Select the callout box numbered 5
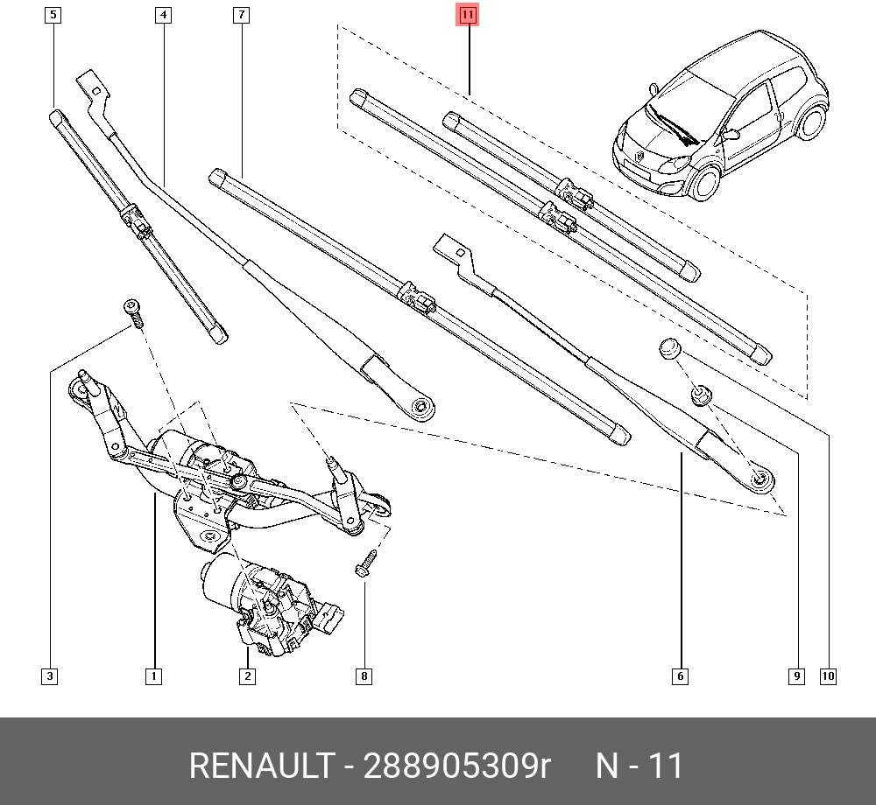[53, 15]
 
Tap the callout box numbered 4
[164, 15]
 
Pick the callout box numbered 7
[241, 15]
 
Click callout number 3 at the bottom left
[50, 675]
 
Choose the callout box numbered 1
[153, 675]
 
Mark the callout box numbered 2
[247, 675]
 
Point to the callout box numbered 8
[364, 675]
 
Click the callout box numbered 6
[679, 675]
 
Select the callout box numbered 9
[795, 675]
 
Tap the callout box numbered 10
[828, 675]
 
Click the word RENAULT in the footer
[262, 766]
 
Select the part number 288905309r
[456, 766]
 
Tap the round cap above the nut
[670, 349]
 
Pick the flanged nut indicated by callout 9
[701, 395]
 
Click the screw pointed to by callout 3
[134, 312]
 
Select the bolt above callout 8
[365, 562]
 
